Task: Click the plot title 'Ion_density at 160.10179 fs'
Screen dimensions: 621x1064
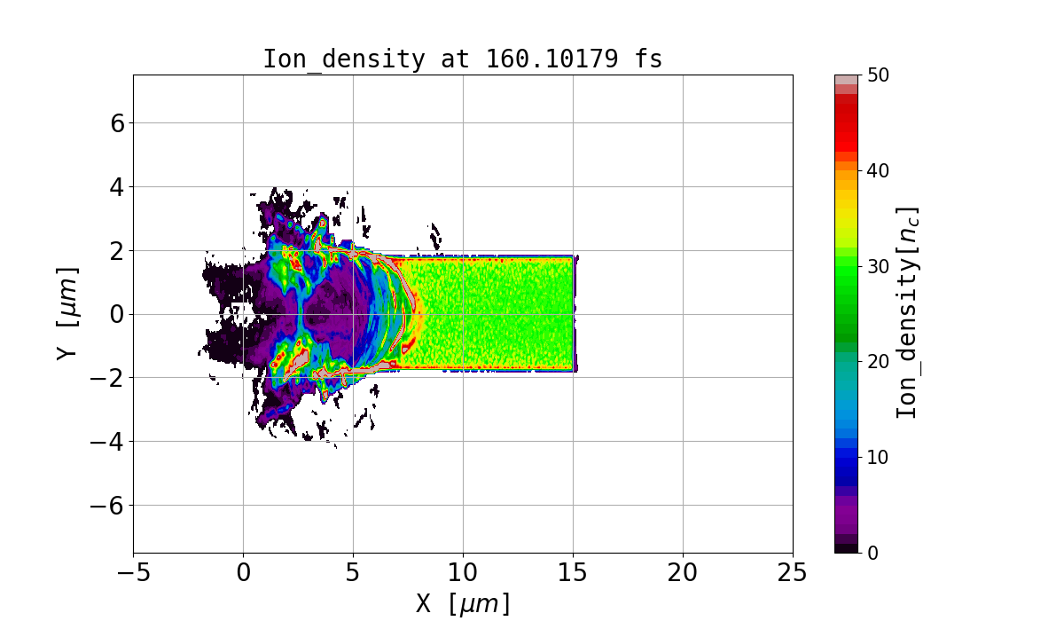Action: (463, 59)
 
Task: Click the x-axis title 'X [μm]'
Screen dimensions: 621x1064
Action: (463, 603)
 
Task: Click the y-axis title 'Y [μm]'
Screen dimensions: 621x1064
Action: (67, 313)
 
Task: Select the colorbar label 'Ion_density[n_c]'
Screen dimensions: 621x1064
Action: (907, 313)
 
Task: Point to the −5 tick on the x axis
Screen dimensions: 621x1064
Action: (133, 572)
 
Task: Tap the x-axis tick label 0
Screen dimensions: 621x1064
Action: (243, 572)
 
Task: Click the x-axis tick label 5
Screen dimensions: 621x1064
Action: (353, 572)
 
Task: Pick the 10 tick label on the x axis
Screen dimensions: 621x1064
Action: (463, 572)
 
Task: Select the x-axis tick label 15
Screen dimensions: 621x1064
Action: (573, 572)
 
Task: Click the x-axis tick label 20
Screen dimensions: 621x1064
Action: (683, 572)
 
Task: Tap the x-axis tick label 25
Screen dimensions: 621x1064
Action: (793, 572)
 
